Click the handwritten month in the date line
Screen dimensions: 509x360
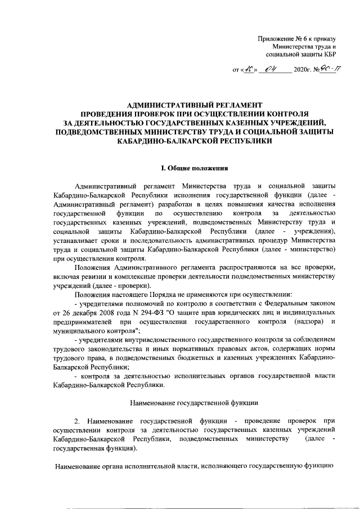click(x=274, y=70)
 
